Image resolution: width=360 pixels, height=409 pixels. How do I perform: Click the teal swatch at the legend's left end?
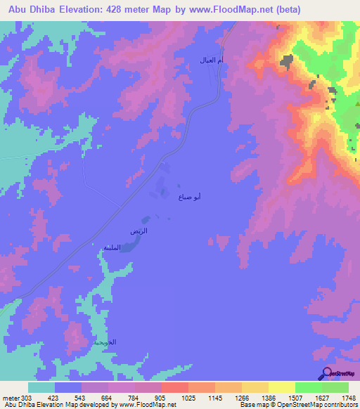(41, 387)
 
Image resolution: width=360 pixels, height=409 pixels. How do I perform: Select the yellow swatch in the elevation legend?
(282, 387)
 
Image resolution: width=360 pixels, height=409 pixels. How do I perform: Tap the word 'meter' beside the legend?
(11, 397)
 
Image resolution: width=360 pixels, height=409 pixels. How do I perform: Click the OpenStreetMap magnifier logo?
(328, 373)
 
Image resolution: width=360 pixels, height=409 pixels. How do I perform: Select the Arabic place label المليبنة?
(112, 247)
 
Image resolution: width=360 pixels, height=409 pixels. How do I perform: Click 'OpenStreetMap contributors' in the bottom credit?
(328, 405)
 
